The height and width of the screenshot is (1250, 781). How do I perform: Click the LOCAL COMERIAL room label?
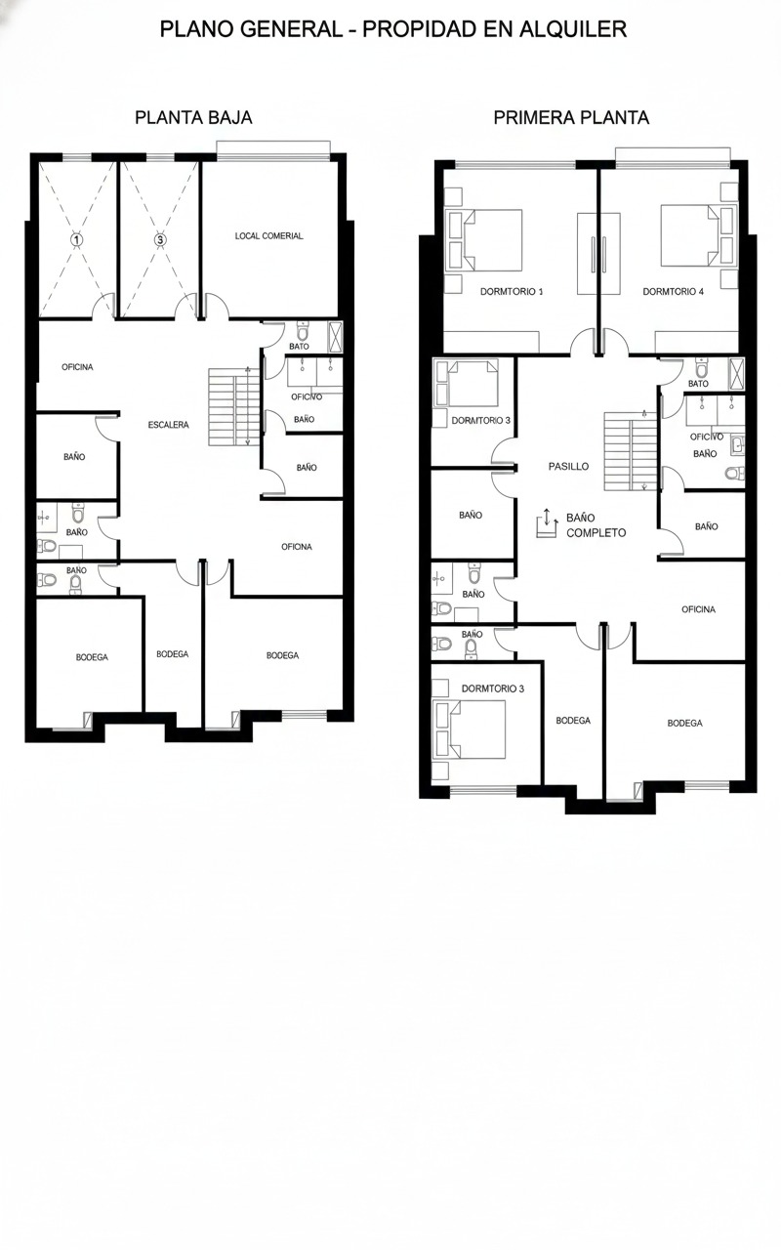[x=268, y=236]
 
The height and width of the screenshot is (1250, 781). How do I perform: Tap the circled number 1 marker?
[x=77, y=239]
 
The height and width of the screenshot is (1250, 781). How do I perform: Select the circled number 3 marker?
[x=160, y=239]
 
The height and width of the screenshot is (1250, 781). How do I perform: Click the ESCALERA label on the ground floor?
[x=169, y=425]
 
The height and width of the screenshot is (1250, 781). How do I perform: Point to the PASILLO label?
[x=568, y=467]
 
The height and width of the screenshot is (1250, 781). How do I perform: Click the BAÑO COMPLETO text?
[x=596, y=525]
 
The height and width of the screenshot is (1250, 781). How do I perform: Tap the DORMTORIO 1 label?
[x=512, y=291]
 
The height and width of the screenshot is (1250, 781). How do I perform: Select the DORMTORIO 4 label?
[x=673, y=291]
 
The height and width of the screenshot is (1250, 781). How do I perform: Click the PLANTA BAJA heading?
[x=193, y=118]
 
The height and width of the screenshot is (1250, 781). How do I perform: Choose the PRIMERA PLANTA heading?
[x=571, y=118]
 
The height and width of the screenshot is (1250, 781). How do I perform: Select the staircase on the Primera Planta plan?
[x=631, y=451]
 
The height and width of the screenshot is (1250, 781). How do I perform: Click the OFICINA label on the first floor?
[x=698, y=609]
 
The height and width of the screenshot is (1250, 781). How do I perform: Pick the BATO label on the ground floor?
[x=299, y=346]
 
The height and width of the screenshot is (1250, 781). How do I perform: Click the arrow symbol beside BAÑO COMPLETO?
[x=548, y=522]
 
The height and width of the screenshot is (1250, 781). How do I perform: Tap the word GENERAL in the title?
[x=291, y=29]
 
